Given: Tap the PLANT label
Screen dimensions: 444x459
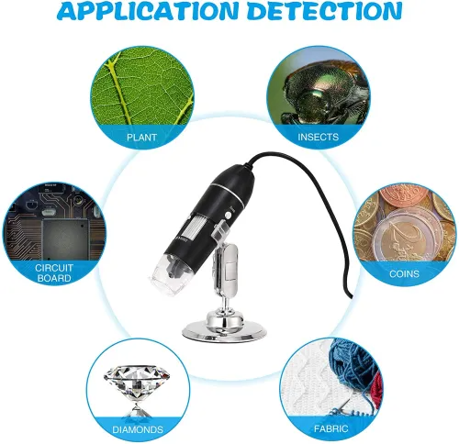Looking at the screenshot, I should pyautogui.click(x=141, y=138).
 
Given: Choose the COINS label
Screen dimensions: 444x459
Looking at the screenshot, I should pyautogui.click(x=404, y=273).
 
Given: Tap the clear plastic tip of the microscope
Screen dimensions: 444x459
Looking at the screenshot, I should pyautogui.click(x=165, y=272).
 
